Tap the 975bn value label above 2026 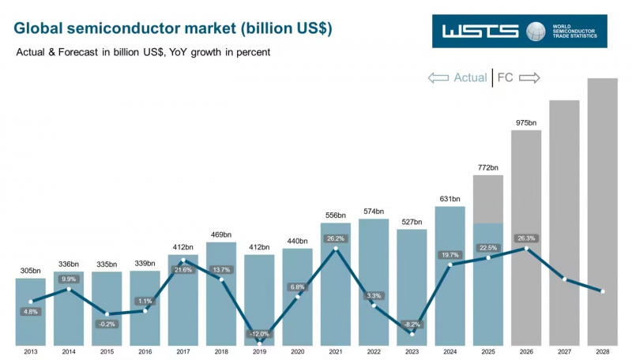click(x=526, y=123)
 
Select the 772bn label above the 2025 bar click(x=488, y=167)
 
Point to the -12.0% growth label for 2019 click(x=259, y=334)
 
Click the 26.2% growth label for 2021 click(x=335, y=238)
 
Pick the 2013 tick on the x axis click(x=31, y=352)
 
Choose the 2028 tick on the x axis click(x=603, y=352)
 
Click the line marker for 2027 click(x=564, y=279)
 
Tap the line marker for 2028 click(x=603, y=291)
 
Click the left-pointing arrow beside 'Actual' click(x=438, y=77)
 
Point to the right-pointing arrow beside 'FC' click(x=529, y=77)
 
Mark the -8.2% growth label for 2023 click(x=412, y=324)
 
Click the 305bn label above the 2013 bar click(x=31, y=271)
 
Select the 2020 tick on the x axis click(x=297, y=352)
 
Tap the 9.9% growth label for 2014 click(x=69, y=279)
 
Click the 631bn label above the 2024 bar click(x=450, y=199)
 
